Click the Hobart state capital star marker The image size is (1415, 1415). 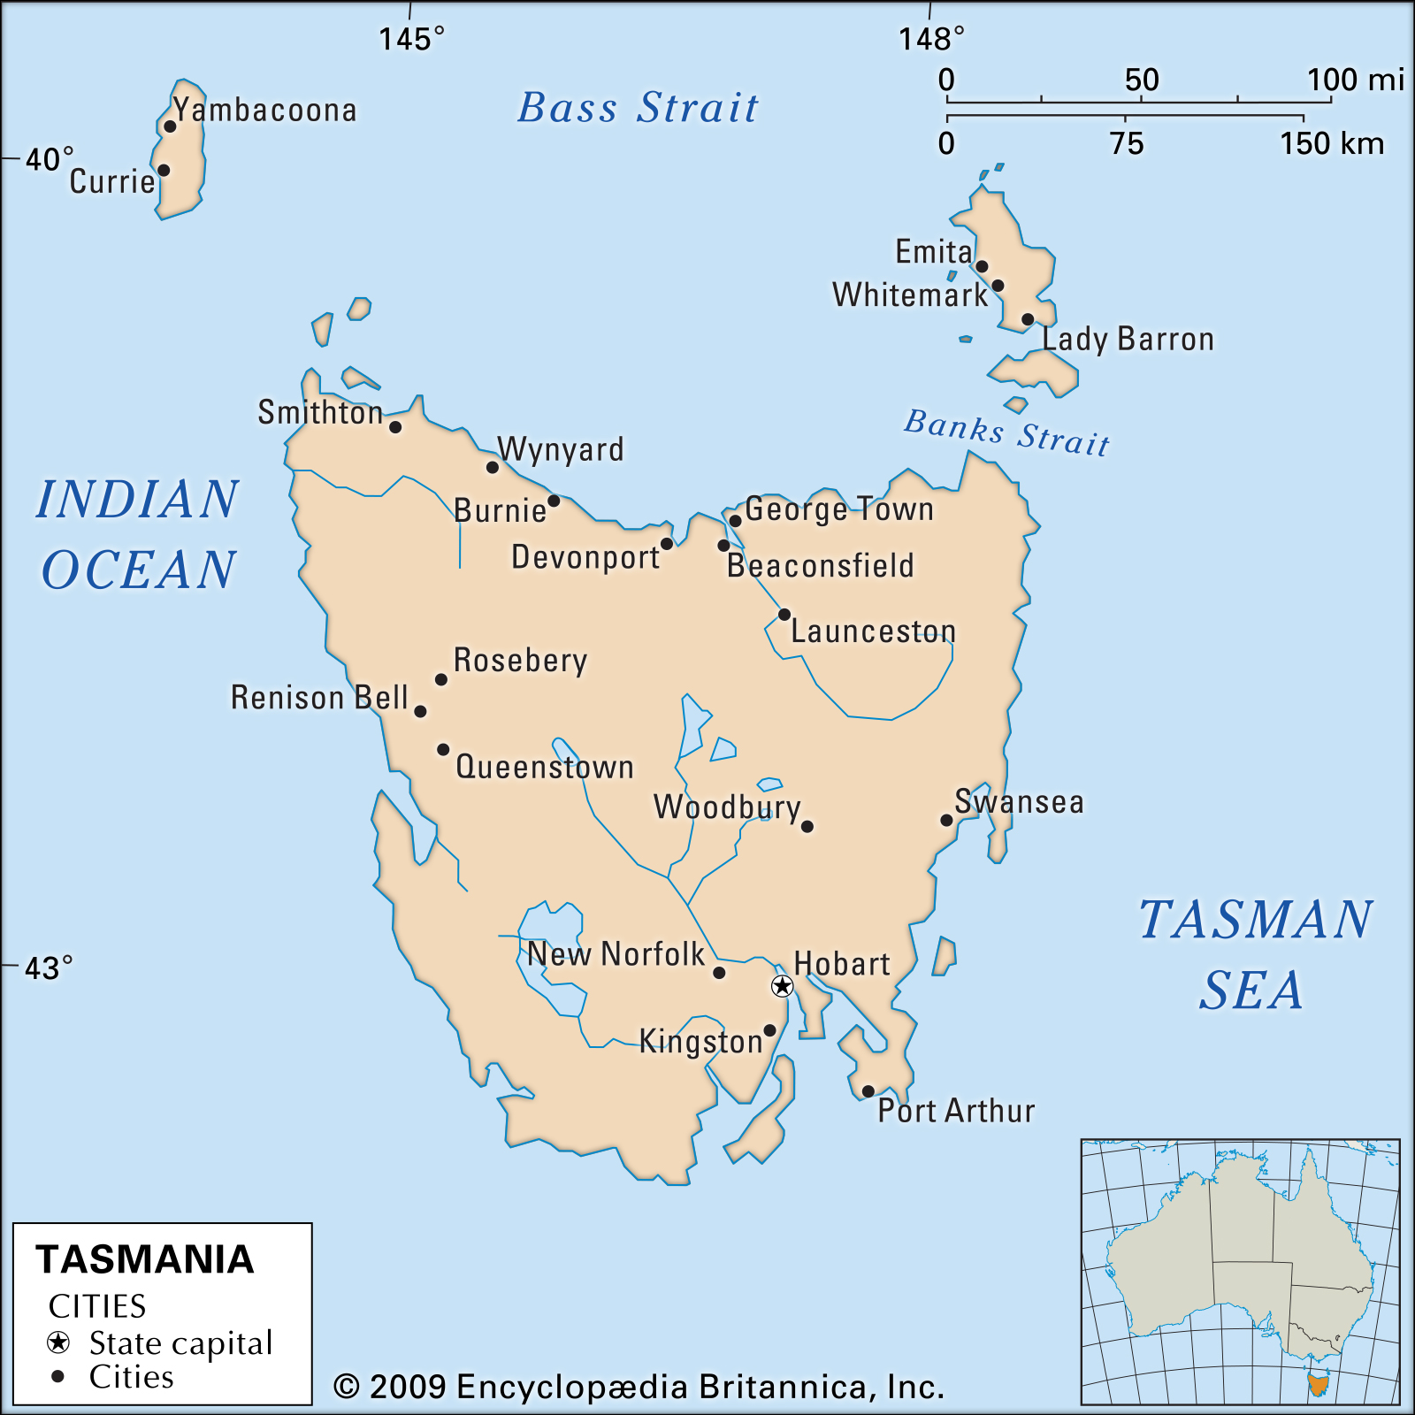(782, 985)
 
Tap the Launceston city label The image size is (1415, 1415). (873, 631)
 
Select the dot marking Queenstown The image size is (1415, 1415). (443, 749)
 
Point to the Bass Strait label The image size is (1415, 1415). (638, 108)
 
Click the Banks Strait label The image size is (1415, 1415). (1006, 432)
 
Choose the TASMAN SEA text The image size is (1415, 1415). (1254, 953)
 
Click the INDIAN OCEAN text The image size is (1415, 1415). (138, 533)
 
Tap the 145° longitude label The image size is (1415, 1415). (411, 39)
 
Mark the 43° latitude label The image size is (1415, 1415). (48, 968)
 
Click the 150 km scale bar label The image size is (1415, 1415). (1331, 143)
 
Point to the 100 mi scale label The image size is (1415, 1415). (1355, 80)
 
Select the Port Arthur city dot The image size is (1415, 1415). (868, 1091)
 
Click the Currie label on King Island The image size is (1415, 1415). (112, 181)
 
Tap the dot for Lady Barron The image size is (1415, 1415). (1027, 319)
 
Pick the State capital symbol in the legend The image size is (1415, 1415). (58, 1342)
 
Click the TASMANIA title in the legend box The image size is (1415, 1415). (144, 1259)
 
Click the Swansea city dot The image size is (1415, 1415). (946, 820)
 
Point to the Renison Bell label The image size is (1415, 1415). (319, 697)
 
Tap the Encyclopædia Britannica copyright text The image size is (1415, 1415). (639, 1387)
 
